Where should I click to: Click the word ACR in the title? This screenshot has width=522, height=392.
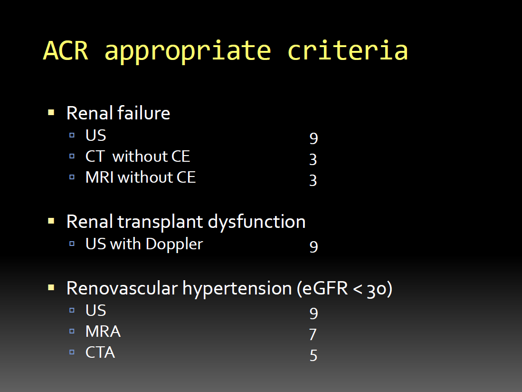tap(66, 51)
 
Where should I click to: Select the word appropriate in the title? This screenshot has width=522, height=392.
tap(188, 52)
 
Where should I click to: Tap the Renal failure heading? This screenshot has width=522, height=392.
tap(118, 113)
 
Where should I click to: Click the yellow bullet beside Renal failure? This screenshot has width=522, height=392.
tap(51, 112)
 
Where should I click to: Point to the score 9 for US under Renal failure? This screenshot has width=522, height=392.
tap(313, 138)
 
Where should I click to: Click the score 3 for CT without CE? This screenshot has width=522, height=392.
tap(313, 160)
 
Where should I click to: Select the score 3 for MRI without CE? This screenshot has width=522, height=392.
tap(313, 180)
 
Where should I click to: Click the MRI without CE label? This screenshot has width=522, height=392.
tap(141, 177)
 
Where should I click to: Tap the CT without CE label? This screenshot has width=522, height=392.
tap(138, 156)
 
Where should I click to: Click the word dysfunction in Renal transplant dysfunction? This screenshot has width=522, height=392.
tap(256, 222)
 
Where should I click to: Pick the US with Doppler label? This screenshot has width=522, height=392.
tap(144, 244)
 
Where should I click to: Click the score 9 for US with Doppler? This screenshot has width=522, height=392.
tap(313, 247)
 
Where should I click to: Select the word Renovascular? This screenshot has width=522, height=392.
tap(122, 288)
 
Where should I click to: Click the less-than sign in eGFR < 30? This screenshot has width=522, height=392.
tap(358, 289)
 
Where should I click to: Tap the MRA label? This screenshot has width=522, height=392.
tap(103, 331)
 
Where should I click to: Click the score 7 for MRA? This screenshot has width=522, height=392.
tap(313, 334)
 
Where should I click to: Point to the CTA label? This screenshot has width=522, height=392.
tap(100, 353)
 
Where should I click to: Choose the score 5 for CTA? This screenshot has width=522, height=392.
tap(313, 356)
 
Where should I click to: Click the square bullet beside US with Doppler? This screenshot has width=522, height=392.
tap(72, 244)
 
